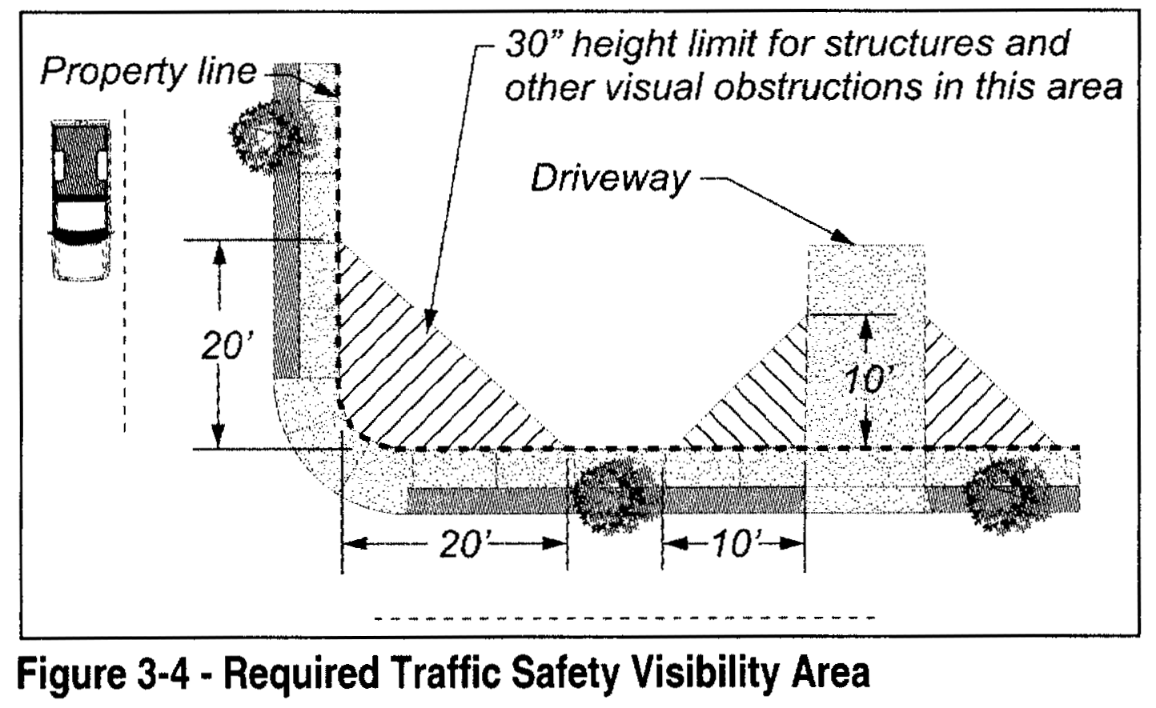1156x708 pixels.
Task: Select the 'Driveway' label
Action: [x=608, y=178]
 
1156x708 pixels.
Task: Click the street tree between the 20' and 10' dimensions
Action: [x=616, y=496]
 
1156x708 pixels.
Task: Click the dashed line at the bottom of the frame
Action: [x=624, y=618]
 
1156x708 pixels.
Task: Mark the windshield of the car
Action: [x=78, y=217]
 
